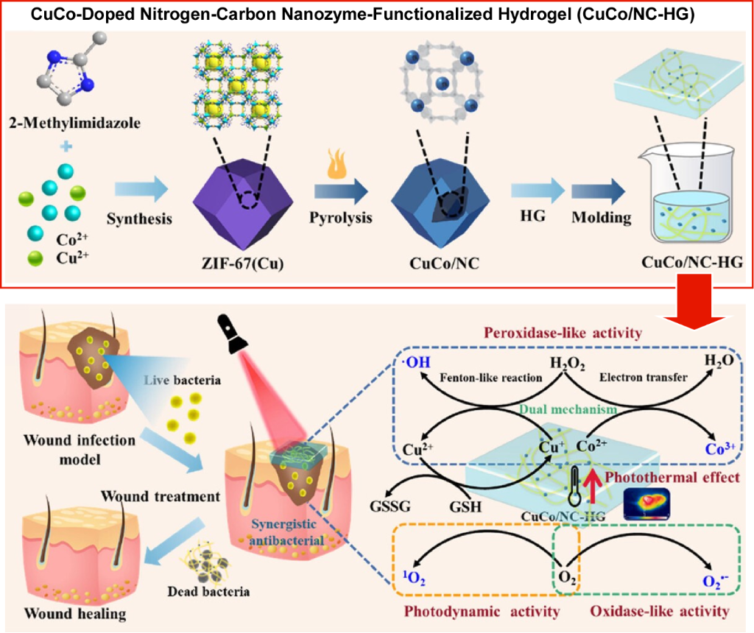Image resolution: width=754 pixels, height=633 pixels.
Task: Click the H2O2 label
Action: tap(565, 362)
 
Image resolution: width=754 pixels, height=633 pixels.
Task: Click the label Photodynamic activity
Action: tap(485, 611)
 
